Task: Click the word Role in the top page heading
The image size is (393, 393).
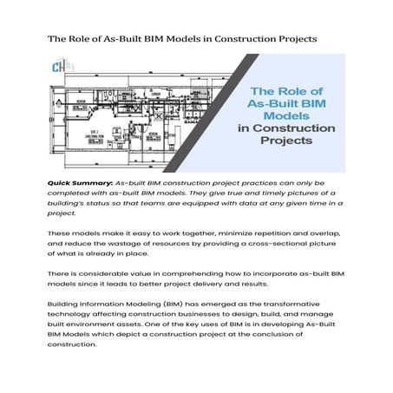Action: click(90, 39)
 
